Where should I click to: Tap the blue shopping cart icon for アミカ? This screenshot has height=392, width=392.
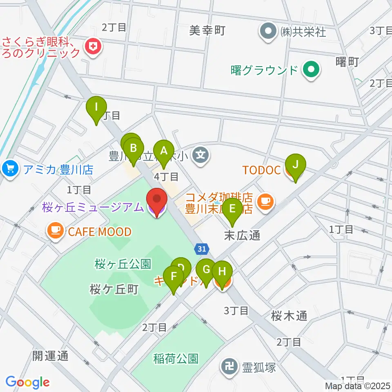click(x=9, y=169)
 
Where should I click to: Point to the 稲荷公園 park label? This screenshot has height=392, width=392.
click(x=176, y=359)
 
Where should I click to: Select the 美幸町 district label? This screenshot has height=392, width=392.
click(x=207, y=30)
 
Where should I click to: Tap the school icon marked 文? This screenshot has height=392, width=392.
click(x=201, y=155)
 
